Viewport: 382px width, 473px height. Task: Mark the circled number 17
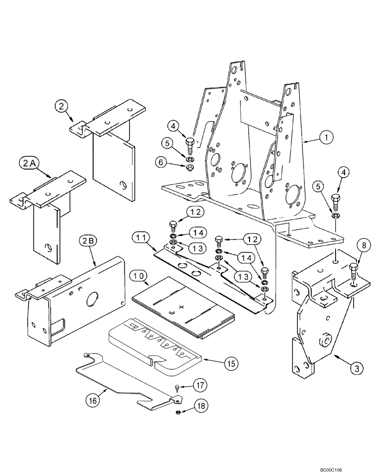198,386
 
